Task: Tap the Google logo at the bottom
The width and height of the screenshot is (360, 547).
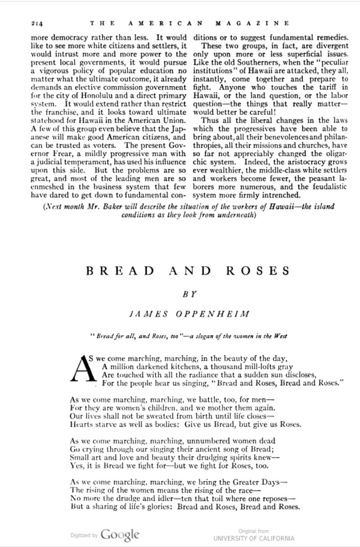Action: tap(120, 535)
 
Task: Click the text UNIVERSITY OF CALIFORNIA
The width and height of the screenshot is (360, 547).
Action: tap(254, 538)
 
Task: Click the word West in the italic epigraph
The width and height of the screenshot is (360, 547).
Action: tap(280, 336)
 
